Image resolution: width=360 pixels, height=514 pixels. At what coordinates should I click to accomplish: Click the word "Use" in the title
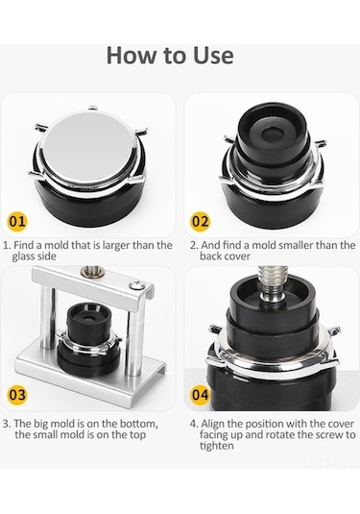[x=213, y=55]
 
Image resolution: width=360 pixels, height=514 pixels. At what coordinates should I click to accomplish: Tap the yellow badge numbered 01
[x=17, y=221]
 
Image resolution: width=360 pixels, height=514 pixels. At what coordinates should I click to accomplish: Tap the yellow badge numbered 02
[x=200, y=221]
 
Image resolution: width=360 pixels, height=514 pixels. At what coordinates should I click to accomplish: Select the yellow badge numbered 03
[x=17, y=394]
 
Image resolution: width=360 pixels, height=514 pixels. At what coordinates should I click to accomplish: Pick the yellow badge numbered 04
[x=200, y=394]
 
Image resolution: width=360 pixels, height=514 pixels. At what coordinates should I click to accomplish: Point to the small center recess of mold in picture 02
[x=272, y=134]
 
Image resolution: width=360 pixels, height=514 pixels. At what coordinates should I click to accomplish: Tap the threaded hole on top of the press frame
[x=93, y=271]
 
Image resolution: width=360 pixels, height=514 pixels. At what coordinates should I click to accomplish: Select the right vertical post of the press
[x=135, y=341]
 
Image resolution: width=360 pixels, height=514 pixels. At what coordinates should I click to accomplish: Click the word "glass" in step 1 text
[x=25, y=257]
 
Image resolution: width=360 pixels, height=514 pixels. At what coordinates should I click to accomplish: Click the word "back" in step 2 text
[x=210, y=256]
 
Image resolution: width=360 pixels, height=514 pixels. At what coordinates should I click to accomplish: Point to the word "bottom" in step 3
[x=138, y=424]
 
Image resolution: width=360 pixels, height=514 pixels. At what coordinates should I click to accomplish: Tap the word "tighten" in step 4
[x=217, y=446]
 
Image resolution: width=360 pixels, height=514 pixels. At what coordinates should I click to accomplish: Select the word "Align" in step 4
[x=212, y=425]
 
